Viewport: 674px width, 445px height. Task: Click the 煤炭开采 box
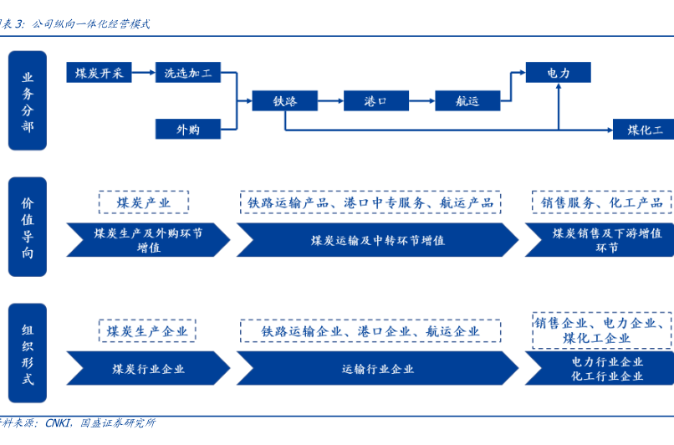(x=99, y=73)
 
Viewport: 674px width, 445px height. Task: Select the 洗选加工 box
(x=187, y=73)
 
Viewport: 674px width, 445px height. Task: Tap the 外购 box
(x=187, y=129)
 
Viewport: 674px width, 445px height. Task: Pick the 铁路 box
(x=285, y=101)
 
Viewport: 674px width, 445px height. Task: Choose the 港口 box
(x=375, y=101)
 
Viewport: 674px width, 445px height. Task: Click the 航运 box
(x=467, y=101)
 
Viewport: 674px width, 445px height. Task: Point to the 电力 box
(x=558, y=73)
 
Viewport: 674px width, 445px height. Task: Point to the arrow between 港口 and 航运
(x=421, y=101)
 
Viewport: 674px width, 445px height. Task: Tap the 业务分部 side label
(x=28, y=100)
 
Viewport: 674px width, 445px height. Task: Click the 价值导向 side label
(x=28, y=227)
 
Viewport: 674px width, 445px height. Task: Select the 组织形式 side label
(x=28, y=354)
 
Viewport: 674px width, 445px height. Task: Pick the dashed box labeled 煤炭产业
(x=143, y=202)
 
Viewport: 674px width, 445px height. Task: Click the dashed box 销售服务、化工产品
(x=601, y=202)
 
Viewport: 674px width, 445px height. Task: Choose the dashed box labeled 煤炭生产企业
(x=146, y=331)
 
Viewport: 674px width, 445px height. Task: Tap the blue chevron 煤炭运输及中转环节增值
(x=377, y=240)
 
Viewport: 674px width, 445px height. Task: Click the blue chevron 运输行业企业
(x=377, y=369)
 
